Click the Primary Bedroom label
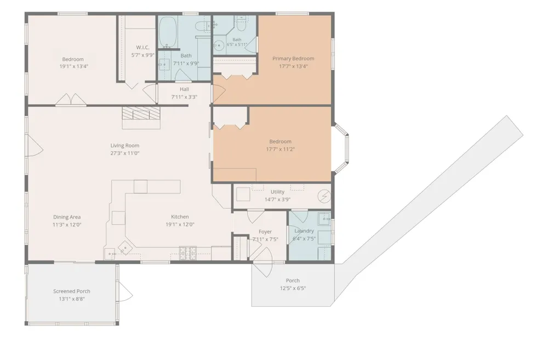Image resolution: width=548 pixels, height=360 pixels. pyautogui.click(x=293, y=59)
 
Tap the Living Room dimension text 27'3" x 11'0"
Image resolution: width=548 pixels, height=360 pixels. pyautogui.click(x=125, y=153)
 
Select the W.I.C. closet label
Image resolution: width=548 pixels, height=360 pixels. pyautogui.click(x=142, y=48)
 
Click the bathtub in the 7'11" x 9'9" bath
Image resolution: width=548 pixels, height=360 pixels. pyautogui.click(x=168, y=32)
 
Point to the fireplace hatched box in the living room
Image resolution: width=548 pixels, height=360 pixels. pyautogui.click(x=141, y=113)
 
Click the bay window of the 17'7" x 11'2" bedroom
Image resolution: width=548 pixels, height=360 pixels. pyautogui.click(x=341, y=148)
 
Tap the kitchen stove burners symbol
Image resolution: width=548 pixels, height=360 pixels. pyautogui.click(x=187, y=253)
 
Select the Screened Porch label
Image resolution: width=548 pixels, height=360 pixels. pyautogui.click(x=72, y=291)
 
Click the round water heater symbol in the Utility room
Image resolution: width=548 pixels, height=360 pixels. pyautogui.click(x=324, y=196)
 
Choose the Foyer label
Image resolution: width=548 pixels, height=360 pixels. pyautogui.click(x=265, y=232)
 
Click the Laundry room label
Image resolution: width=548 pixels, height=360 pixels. pyautogui.click(x=304, y=231)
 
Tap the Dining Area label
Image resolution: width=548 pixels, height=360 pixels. pyautogui.click(x=67, y=217)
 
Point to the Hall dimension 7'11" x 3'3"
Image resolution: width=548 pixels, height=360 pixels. pyautogui.click(x=184, y=97)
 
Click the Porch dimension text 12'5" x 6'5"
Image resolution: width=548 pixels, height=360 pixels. pyautogui.click(x=293, y=288)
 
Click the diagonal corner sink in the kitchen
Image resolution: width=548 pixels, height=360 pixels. pyautogui.click(x=124, y=249)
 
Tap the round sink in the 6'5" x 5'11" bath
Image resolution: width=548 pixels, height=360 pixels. pyautogui.click(x=219, y=46)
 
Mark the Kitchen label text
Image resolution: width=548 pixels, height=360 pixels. pyautogui.click(x=180, y=216)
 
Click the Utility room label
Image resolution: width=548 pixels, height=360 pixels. pyautogui.click(x=277, y=192)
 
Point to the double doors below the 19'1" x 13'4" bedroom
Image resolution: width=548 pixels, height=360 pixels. pyautogui.click(x=71, y=99)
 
